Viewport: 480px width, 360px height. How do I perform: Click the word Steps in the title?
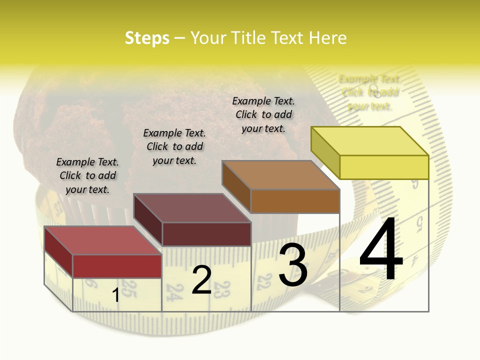[147, 38]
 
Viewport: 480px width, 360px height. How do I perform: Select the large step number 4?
[381, 250]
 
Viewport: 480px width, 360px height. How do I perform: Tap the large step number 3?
[293, 265]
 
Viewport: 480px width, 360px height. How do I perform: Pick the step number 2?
[201, 280]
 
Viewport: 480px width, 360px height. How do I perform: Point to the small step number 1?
[115, 295]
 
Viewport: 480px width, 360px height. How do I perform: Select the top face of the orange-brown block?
[280, 175]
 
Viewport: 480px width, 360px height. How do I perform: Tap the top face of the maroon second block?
[192, 208]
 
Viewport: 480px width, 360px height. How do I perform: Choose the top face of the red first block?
[103, 240]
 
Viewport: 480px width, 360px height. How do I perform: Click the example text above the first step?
[87, 175]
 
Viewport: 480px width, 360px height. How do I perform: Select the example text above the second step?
[174, 146]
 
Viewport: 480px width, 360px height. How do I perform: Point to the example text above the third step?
[263, 114]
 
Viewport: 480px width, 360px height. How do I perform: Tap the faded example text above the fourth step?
[370, 92]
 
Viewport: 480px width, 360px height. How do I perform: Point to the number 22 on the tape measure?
[263, 281]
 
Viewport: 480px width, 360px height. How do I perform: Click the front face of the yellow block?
[384, 167]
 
